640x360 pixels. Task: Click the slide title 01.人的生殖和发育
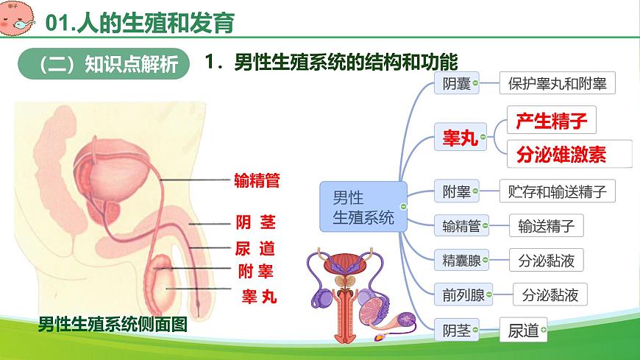pos(140,24)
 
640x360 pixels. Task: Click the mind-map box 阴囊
pos(452,83)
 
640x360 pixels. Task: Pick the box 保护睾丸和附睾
pos(557,83)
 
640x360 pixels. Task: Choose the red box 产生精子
pos(551,120)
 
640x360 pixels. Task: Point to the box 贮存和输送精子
pos(557,192)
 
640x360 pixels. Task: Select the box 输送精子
pos(546,226)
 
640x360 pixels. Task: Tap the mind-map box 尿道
pos(524,331)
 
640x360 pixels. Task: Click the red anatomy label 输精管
pos(257,180)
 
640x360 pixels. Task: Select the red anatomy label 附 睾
pos(256,272)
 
